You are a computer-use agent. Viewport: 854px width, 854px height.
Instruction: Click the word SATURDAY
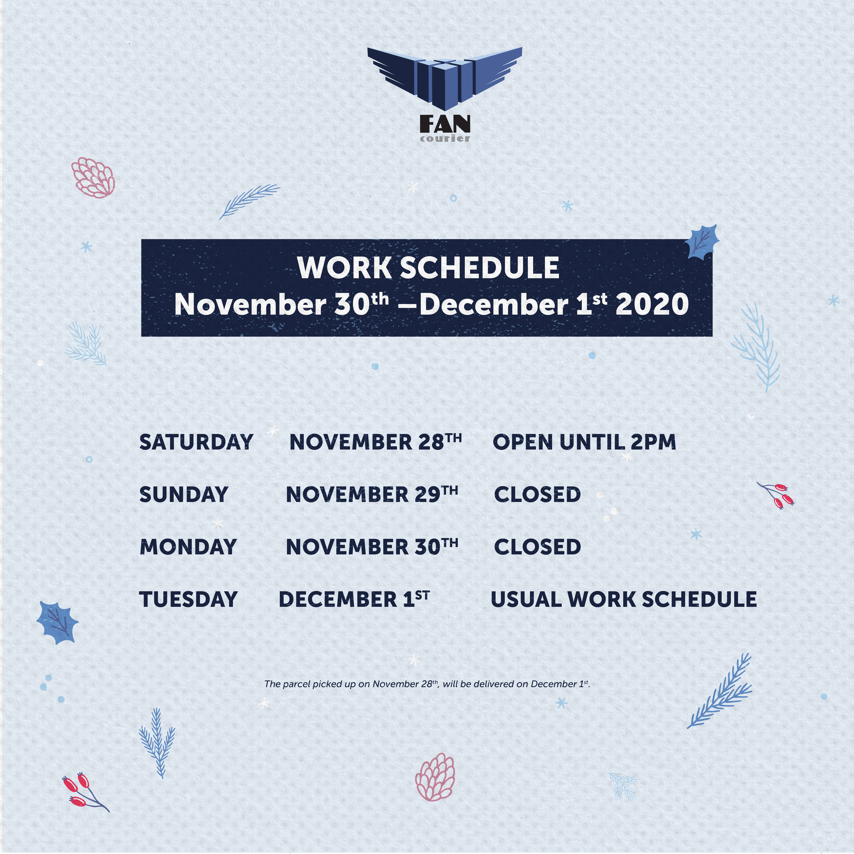[x=196, y=442]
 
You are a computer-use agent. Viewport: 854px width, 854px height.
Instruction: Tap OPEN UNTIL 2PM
[x=584, y=442]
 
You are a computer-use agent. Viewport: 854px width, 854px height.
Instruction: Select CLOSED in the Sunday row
[x=537, y=494]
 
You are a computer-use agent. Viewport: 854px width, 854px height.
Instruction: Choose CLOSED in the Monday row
[x=537, y=547]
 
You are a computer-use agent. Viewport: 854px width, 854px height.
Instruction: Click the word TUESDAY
[x=188, y=599]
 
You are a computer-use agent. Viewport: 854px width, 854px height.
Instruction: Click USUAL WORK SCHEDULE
[x=624, y=599]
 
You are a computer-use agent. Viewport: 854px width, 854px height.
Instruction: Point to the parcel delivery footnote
[x=427, y=684]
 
